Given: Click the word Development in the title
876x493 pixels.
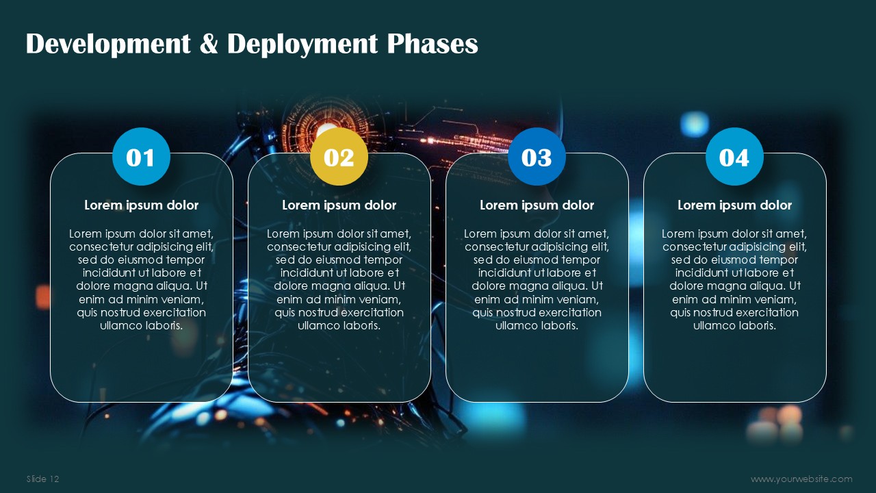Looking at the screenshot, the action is [108, 45].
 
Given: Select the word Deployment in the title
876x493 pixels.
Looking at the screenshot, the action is [302, 45].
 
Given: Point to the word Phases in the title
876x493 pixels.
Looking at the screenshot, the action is [433, 43].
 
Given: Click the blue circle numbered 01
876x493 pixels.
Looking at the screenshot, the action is [141, 157].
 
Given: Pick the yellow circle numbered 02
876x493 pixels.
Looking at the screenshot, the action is [339, 157].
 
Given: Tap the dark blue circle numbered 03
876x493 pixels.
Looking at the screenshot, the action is [537, 157].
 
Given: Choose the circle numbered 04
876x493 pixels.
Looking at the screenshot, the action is [734, 157].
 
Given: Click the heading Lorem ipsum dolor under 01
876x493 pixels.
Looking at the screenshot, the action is [141, 205].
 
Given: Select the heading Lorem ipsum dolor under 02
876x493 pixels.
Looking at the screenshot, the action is [339, 205].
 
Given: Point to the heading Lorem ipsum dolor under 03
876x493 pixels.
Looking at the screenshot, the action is [537, 205].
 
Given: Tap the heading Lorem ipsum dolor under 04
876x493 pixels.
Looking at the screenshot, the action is [734, 205].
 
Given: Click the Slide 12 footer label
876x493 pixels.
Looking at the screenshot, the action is [42, 479].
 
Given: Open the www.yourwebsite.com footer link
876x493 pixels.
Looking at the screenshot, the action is [801, 479].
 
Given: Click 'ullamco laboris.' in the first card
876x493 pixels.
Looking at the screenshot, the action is [141, 325].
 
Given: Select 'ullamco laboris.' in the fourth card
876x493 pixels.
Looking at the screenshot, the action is [734, 325].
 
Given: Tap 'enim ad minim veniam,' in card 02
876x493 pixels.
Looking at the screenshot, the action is [339, 300].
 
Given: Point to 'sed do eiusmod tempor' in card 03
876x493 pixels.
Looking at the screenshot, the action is [537, 260].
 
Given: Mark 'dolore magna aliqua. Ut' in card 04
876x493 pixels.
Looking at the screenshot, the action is [735, 286].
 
